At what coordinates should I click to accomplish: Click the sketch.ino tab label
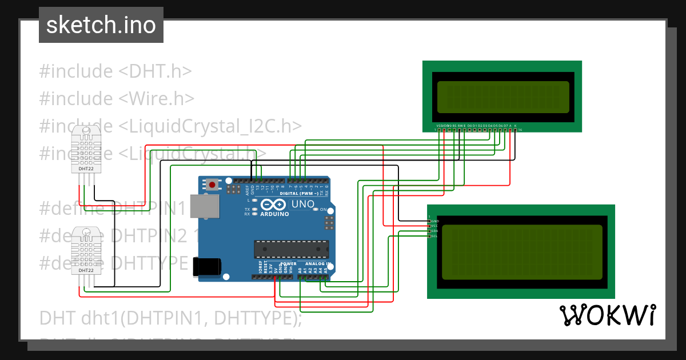click(x=101, y=25)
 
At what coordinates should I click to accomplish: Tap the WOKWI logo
click(x=607, y=315)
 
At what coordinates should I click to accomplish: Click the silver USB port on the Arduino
click(x=204, y=206)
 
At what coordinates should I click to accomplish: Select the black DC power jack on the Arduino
click(x=206, y=267)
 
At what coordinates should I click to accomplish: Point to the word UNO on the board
click(x=303, y=204)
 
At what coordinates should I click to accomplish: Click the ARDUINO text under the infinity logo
click(x=274, y=214)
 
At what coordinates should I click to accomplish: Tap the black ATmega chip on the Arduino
click(x=292, y=249)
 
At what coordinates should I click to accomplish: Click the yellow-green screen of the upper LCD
click(x=502, y=97)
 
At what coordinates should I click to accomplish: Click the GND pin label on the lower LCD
click(x=434, y=221)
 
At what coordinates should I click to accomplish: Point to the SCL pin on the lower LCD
click(x=434, y=236)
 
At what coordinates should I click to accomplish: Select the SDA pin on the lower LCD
click(x=434, y=231)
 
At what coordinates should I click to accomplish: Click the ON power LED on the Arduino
click(x=316, y=210)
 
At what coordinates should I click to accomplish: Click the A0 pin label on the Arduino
click(x=300, y=269)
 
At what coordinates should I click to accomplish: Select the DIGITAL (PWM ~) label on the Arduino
click(x=303, y=193)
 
